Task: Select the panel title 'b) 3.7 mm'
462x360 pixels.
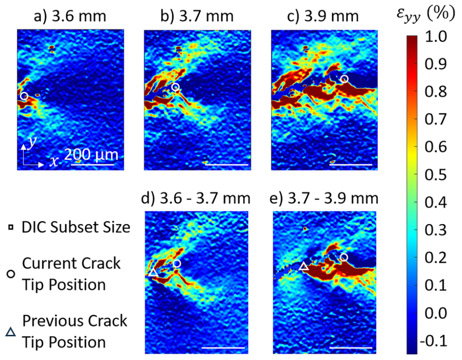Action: click(x=197, y=17)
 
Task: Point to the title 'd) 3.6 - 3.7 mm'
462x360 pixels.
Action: click(x=197, y=198)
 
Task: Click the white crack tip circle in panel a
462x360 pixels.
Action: click(x=24, y=96)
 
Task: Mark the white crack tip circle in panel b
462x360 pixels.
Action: click(x=175, y=87)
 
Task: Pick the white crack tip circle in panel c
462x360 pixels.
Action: click(x=344, y=79)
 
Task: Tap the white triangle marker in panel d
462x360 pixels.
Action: click(x=153, y=272)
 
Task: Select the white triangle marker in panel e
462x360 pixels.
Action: click(x=304, y=267)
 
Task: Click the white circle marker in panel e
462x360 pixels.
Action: click(x=344, y=257)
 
